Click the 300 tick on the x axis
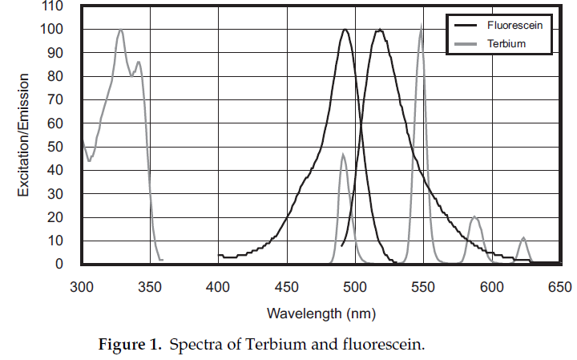(x=81, y=286)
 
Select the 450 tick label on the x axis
(x=287, y=286)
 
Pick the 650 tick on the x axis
(x=559, y=286)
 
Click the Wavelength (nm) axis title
(x=321, y=313)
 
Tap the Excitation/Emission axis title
(x=24, y=135)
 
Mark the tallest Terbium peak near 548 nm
(x=422, y=28)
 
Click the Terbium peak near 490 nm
(x=343, y=155)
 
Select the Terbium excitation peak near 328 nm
(x=120, y=30)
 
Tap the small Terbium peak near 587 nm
(x=474, y=216)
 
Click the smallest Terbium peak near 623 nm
(x=523, y=238)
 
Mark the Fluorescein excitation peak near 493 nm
(x=345, y=30)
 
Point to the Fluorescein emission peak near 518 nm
(x=379, y=30)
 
